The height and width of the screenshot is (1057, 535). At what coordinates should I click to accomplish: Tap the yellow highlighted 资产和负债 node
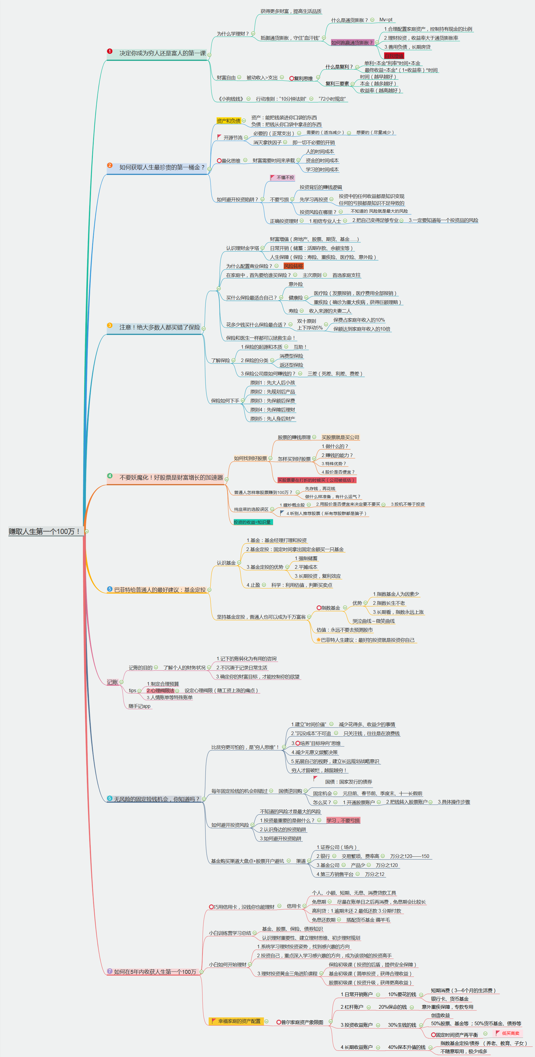[228, 121]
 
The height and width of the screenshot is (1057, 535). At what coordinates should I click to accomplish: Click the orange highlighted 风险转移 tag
[293, 266]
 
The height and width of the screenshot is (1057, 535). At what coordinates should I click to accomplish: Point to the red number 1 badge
[110, 51]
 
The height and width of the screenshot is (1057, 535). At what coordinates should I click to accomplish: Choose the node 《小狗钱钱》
[231, 99]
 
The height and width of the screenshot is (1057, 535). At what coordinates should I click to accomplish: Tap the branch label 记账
[112, 682]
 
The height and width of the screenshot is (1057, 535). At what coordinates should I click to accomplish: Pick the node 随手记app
[140, 706]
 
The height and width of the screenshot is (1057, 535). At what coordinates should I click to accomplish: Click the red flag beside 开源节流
[219, 137]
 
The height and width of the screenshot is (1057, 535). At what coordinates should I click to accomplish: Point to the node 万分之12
[375, 874]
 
